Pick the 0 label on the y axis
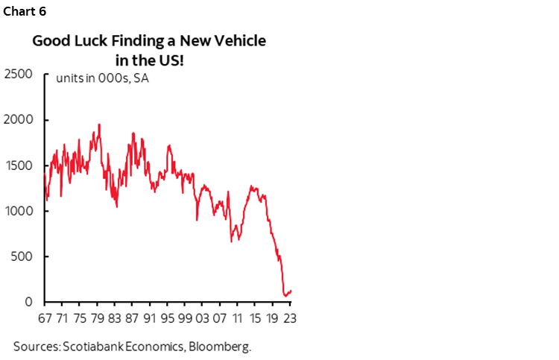pyautogui.click(x=30, y=303)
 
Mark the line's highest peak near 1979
pyautogui.click(x=99, y=124)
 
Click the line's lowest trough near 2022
pyautogui.click(x=284, y=296)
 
